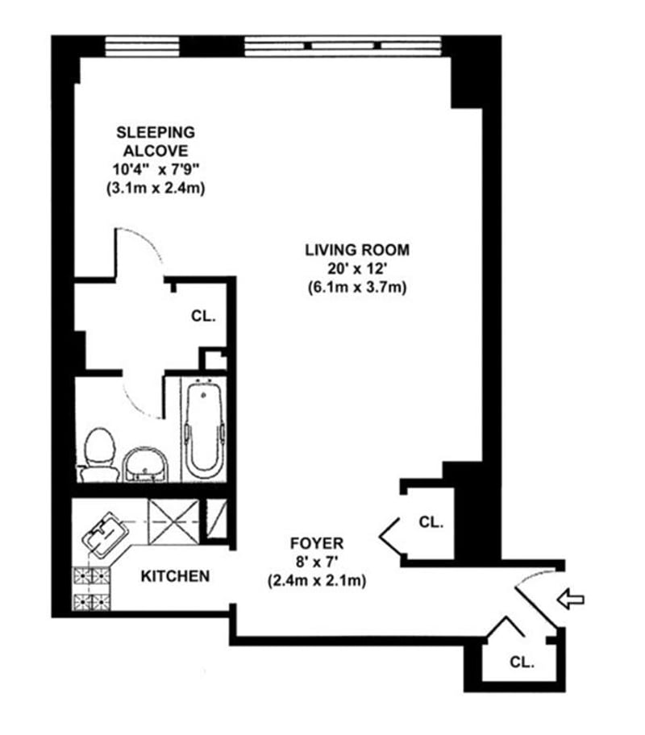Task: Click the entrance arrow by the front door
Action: tap(571, 599)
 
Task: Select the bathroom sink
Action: tap(146, 462)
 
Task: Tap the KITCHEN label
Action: tap(176, 576)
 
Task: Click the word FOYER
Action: tap(316, 543)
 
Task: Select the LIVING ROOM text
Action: tap(356, 250)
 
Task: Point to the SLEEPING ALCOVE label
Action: tap(156, 140)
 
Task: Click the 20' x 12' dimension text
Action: tap(356, 268)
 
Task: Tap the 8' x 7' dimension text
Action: tap(316, 562)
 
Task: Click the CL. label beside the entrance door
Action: tap(522, 662)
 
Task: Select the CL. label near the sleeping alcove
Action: tap(203, 316)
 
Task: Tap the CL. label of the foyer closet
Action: tap(431, 522)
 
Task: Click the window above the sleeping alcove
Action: tap(143, 44)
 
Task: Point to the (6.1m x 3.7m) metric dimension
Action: tap(356, 287)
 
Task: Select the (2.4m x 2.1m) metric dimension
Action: tap(316, 580)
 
